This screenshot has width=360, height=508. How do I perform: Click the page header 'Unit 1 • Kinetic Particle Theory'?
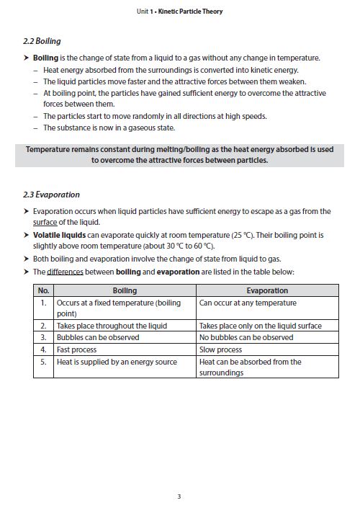tap(179, 12)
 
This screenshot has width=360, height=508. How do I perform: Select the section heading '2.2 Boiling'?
tap(42, 42)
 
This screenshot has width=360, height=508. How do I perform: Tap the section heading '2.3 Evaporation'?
tap(52, 195)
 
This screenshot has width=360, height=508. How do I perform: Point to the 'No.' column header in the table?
tap(44, 290)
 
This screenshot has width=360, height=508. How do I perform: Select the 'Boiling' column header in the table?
tap(125, 290)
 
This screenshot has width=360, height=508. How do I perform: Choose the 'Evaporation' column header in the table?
tap(267, 290)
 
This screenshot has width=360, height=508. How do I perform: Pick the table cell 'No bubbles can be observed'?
tap(246, 337)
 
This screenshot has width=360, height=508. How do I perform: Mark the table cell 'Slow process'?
tap(220, 349)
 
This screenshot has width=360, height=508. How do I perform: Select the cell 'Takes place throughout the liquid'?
tap(112, 326)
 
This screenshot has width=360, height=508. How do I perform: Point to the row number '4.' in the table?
tap(44, 349)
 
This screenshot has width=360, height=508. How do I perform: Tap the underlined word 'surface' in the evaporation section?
tap(45, 223)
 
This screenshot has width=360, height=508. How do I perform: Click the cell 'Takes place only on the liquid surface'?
tap(261, 326)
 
